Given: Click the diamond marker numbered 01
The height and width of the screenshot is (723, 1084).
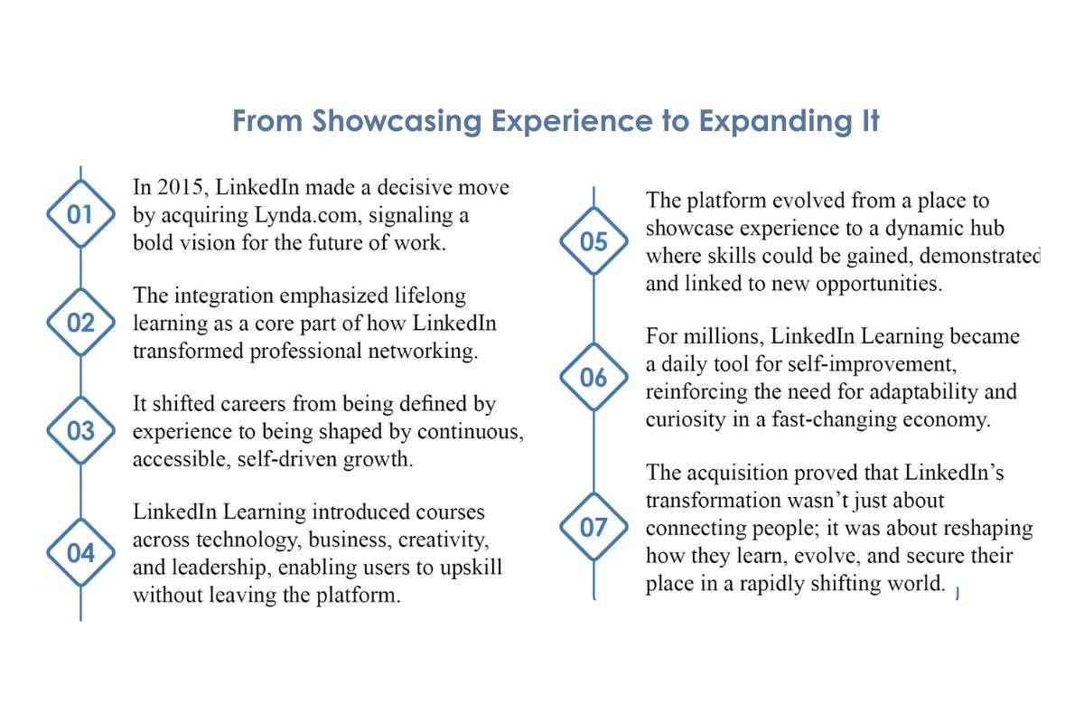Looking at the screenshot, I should [x=81, y=214].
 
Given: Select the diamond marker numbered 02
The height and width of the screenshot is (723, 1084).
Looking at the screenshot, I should [x=81, y=323].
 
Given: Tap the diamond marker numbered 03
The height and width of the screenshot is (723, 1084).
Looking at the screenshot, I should [x=81, y=431].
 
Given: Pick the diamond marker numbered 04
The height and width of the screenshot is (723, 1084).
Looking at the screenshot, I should [x=81, y=553].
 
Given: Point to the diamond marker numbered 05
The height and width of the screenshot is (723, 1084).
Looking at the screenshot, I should [x=593, y=242].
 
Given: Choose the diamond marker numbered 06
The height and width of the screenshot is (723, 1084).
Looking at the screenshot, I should [x=593, y=378].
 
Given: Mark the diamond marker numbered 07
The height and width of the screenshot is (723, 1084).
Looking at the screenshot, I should [x=593, y=527].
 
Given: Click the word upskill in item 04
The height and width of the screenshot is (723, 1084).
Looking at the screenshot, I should [x=472, y=568].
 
